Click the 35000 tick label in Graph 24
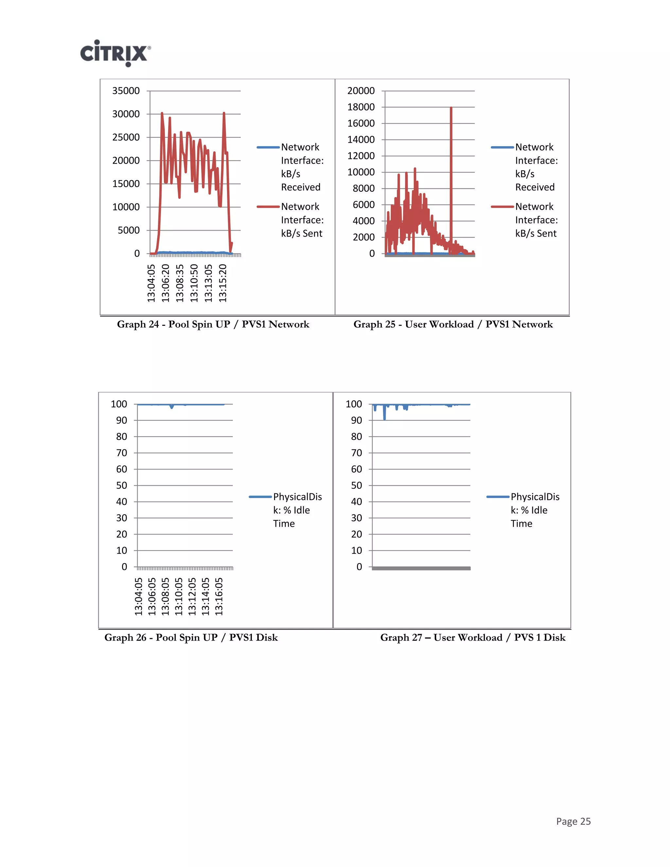(x=126, y=91)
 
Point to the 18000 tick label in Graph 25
(x=361, y=107)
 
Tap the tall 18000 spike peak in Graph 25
(x=451, y=108)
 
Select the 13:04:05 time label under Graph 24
(x=151, y=283)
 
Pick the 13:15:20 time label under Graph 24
(x=223, y=283)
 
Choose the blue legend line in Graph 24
(x=268, y=147)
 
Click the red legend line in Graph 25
(x=502, y=207)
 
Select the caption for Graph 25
(x=453, y=324)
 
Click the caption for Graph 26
(x=191, y=638)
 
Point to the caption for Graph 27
(x=473, y=638)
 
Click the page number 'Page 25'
(x=573, y=821)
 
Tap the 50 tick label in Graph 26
(x=121, y=486)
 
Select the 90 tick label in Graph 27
(x=357, y=420)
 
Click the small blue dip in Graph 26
(x=171, y=407)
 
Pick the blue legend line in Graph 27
(x=498, y=497)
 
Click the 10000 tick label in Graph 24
(x=126, y=207)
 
